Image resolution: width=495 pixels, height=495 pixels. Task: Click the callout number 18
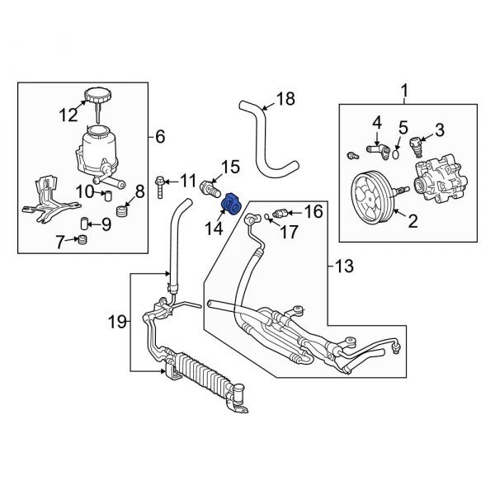pos(285,101)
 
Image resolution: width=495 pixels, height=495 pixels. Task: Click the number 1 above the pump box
pos(404,90)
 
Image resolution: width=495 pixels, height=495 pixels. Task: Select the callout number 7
pos(59,242)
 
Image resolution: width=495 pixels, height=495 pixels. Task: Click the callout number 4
pos(376,123)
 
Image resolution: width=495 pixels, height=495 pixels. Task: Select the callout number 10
pos(84,193)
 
